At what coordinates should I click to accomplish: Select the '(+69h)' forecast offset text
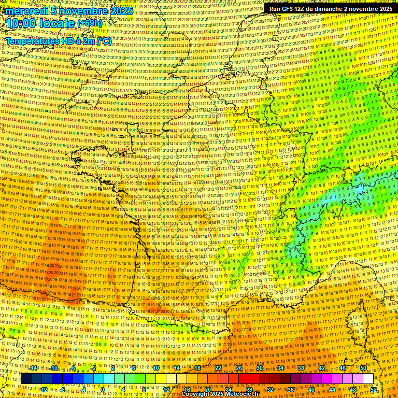tap(90, 23)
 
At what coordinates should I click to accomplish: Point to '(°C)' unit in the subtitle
tap(103, 41)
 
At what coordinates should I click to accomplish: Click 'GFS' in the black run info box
tap(292, 9)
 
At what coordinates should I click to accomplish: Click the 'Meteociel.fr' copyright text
tap(244, 394)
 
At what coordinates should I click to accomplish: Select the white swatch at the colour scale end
tap(368, 379)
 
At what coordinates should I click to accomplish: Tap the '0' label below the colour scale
tap(103, 389)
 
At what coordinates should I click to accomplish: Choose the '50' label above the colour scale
tap(363, 368)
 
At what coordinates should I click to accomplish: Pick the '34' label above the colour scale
tap(280, 368)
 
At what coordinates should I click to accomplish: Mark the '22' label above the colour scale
tap(218, 368)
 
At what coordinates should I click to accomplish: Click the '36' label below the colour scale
tap(291, 389)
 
